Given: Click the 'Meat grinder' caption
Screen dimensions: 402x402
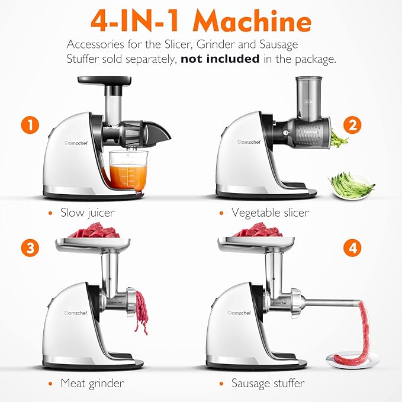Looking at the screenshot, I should click(x=92, y=383).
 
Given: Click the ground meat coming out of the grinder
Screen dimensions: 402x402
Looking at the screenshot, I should click(x=141, y=311).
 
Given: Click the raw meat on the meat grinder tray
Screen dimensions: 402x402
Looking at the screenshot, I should click(x=94, y=231).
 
